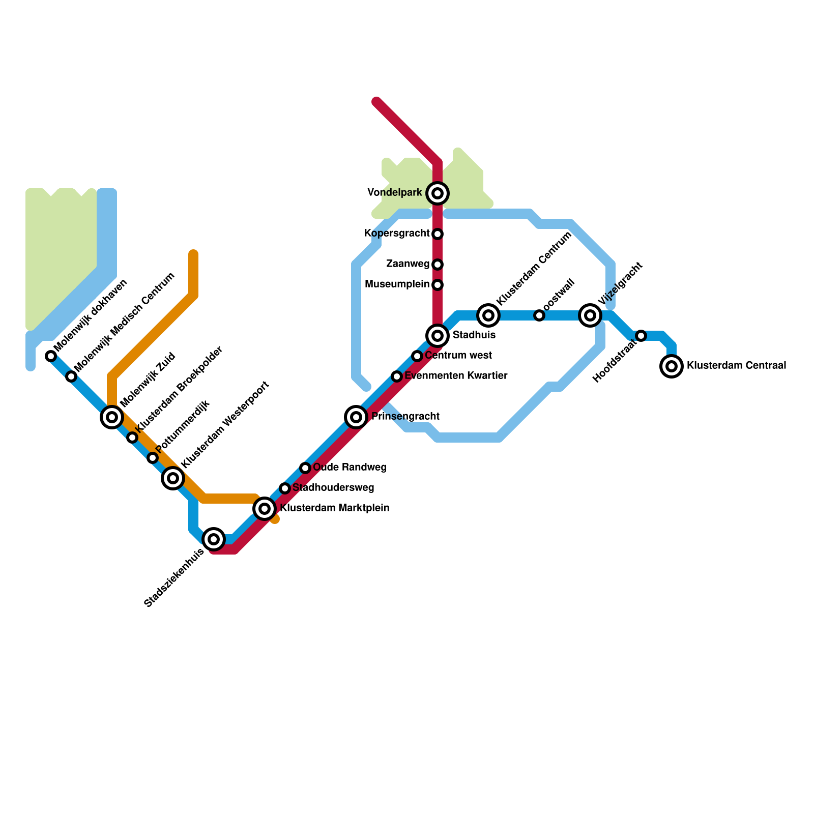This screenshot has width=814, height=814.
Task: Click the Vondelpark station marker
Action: [438, 193]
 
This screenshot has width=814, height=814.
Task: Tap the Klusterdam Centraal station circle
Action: [672, 366]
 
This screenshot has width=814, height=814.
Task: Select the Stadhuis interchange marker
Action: [438, 336]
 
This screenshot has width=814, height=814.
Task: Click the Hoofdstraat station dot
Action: [641, 336]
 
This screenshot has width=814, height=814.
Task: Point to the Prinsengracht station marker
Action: [356, 417]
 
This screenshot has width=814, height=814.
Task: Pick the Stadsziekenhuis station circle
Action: [214, 539]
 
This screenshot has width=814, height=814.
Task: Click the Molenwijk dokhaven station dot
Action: [51, 356]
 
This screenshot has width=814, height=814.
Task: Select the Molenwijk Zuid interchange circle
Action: [112, 417]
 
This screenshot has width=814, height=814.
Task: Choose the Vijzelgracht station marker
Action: [590, 315]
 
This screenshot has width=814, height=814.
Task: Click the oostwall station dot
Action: [539, 315]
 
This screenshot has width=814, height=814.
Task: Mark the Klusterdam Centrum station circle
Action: [488, 315]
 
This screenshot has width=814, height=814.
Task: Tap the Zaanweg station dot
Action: [438, 265]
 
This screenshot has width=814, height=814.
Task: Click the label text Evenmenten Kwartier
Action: [456, 376]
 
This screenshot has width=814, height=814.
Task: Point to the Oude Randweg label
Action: [350, 468]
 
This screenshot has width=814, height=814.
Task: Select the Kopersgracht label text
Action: [397, 234]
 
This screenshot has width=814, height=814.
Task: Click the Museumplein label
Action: [397, 284]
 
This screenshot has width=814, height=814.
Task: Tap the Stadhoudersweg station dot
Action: [285, 488]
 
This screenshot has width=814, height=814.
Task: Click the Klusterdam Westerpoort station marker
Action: [173, 478]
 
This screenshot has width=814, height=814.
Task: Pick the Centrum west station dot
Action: [417, 356]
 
